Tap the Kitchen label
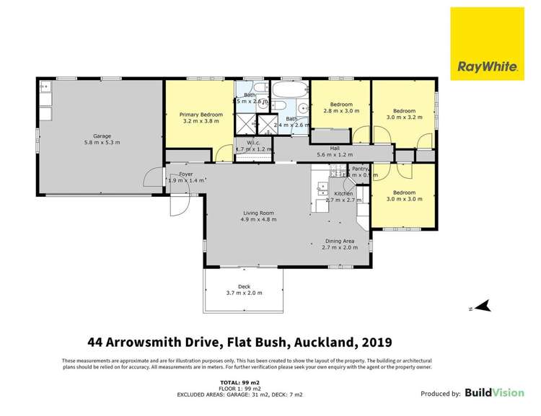coord(343,194)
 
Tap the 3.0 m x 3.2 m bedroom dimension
coord(403,116)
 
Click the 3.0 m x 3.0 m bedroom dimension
coord(403,198)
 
